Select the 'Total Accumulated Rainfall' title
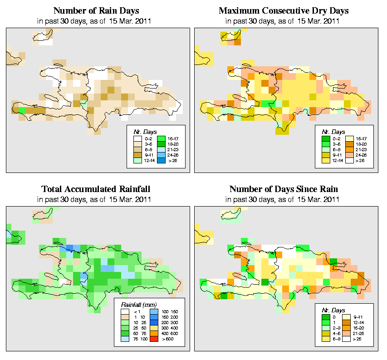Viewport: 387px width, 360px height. point(96,189)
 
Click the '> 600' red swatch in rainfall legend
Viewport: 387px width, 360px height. point(153,338)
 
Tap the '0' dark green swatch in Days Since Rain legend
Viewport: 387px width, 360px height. point(325,316)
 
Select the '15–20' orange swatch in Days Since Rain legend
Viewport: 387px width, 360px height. point(348,327)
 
